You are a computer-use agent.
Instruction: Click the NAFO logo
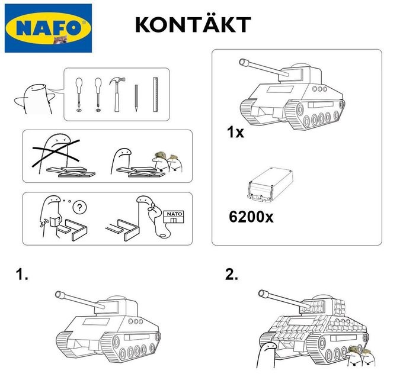coord(48,28)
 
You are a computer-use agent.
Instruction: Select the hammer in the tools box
coord(116,94)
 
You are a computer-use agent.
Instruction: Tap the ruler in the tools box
coord(155,95)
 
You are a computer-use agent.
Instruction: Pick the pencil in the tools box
coord(136,98)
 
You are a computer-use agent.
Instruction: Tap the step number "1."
coord(23,275)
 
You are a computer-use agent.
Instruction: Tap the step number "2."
coord(232,275)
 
